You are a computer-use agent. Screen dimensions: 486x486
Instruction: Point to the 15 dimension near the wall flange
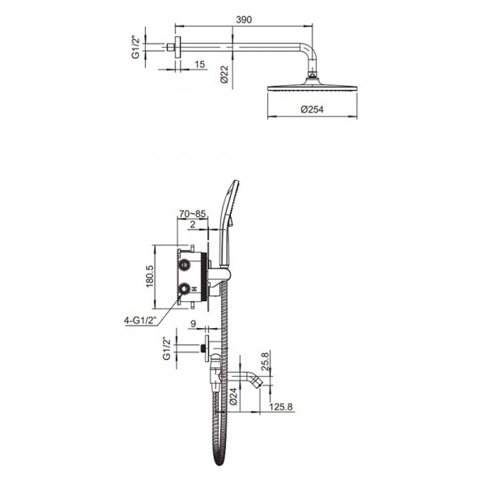(199, 64)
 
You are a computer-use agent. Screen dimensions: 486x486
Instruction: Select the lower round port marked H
(185, 288)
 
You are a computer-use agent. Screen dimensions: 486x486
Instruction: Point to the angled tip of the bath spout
(258, 380)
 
